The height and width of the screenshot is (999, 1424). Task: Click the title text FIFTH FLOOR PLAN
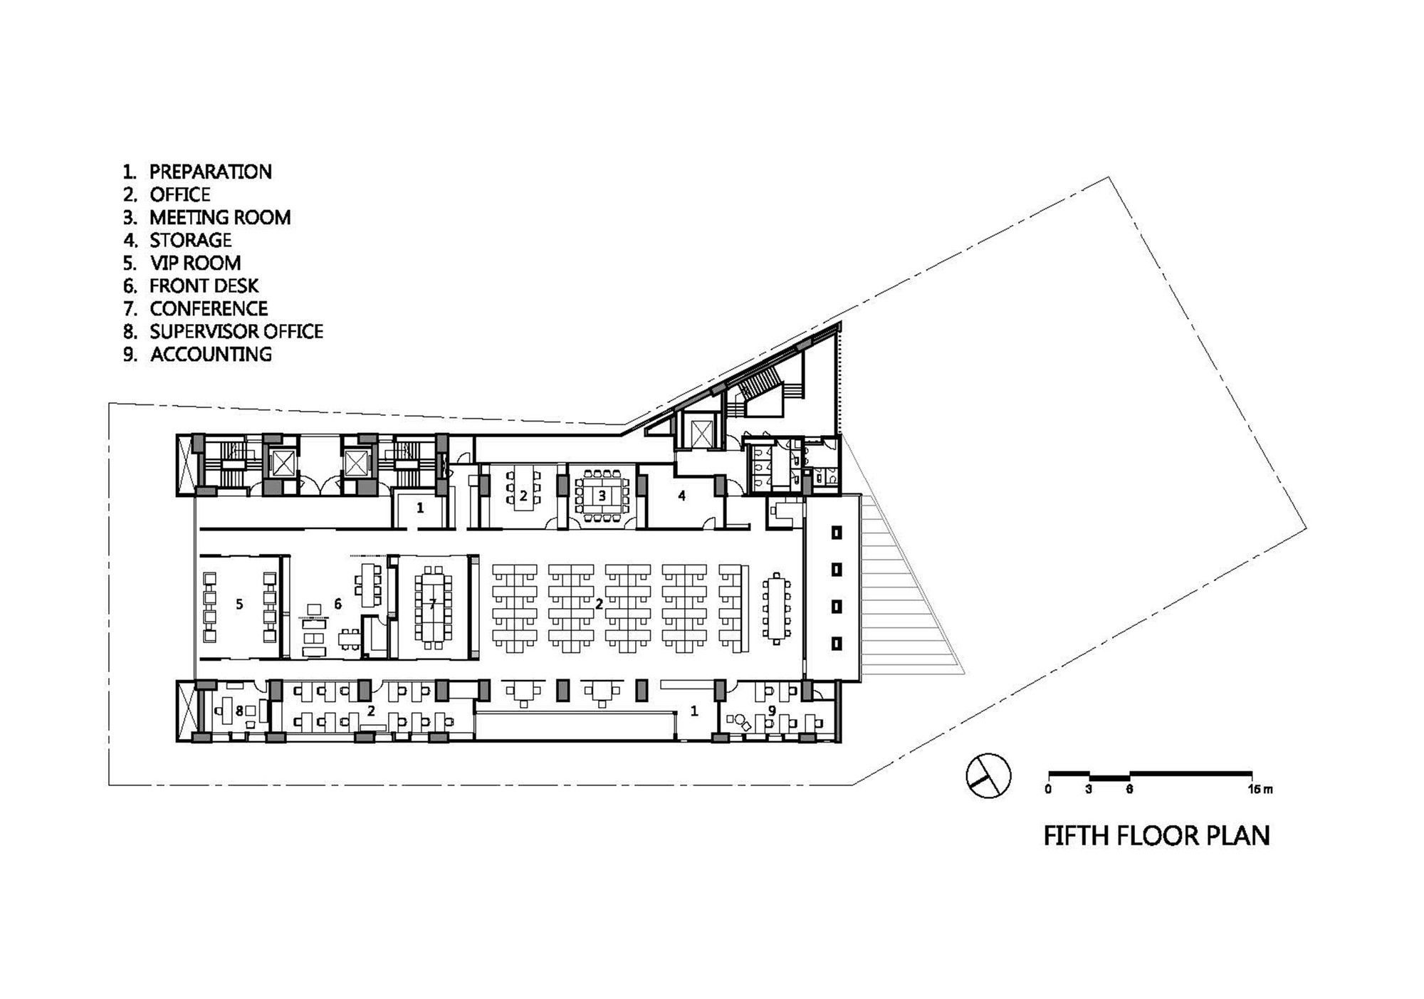click(1156, 835)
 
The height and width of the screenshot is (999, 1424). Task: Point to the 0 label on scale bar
click(1048, 790)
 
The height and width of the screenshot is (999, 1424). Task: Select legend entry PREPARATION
click(210, 172)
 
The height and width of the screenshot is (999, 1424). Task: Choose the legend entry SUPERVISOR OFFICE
click(236, 331)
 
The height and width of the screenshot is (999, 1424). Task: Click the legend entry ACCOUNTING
click(211, 354)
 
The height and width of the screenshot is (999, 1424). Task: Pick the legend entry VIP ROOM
click(195, 263)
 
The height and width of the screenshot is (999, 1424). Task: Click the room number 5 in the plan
click(240, 605)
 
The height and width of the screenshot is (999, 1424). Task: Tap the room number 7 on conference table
click(432, 604)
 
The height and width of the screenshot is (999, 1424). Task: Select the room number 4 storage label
click(681, 496)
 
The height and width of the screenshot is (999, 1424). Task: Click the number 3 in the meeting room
click(602, 496)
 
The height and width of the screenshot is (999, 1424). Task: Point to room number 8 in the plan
click(240, 710)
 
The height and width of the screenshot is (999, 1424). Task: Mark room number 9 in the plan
click(773, 710)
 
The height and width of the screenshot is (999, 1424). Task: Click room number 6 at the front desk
click(338, 605)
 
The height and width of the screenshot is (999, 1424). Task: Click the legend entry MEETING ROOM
click(220, 217)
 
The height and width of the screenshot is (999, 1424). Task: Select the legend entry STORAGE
click(191, 240)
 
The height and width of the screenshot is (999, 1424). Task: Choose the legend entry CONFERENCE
click(209, 308)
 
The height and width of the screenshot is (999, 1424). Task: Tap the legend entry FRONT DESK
click(204, 286)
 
